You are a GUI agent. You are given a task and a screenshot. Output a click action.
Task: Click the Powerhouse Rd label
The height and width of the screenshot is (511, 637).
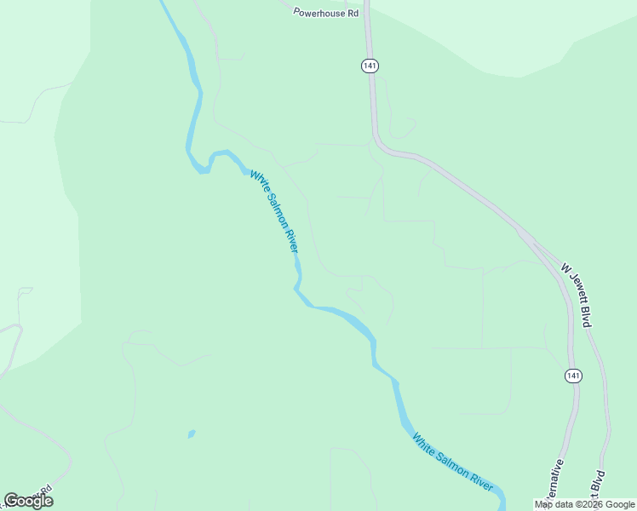tap(326, 13)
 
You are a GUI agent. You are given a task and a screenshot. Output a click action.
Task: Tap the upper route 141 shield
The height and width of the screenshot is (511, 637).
tap(369, 66)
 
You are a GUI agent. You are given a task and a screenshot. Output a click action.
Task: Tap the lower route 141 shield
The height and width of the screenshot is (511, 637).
tap(572, 376)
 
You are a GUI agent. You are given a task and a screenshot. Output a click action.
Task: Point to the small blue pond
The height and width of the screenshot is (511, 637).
tap(192, 434)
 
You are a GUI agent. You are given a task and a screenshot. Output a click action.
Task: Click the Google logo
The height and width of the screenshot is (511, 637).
tap(28, 501)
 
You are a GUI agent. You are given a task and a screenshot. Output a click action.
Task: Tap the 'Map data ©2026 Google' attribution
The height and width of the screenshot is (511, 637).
tap(585, 504)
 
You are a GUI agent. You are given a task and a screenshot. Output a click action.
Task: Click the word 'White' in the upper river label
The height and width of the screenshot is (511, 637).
tap(257, 181)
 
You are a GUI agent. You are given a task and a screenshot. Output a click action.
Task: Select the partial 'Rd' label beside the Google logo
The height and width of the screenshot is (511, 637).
tap(45, 491)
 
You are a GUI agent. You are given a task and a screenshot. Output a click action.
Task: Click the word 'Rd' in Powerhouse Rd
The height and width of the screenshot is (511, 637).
tap(353, 13)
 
